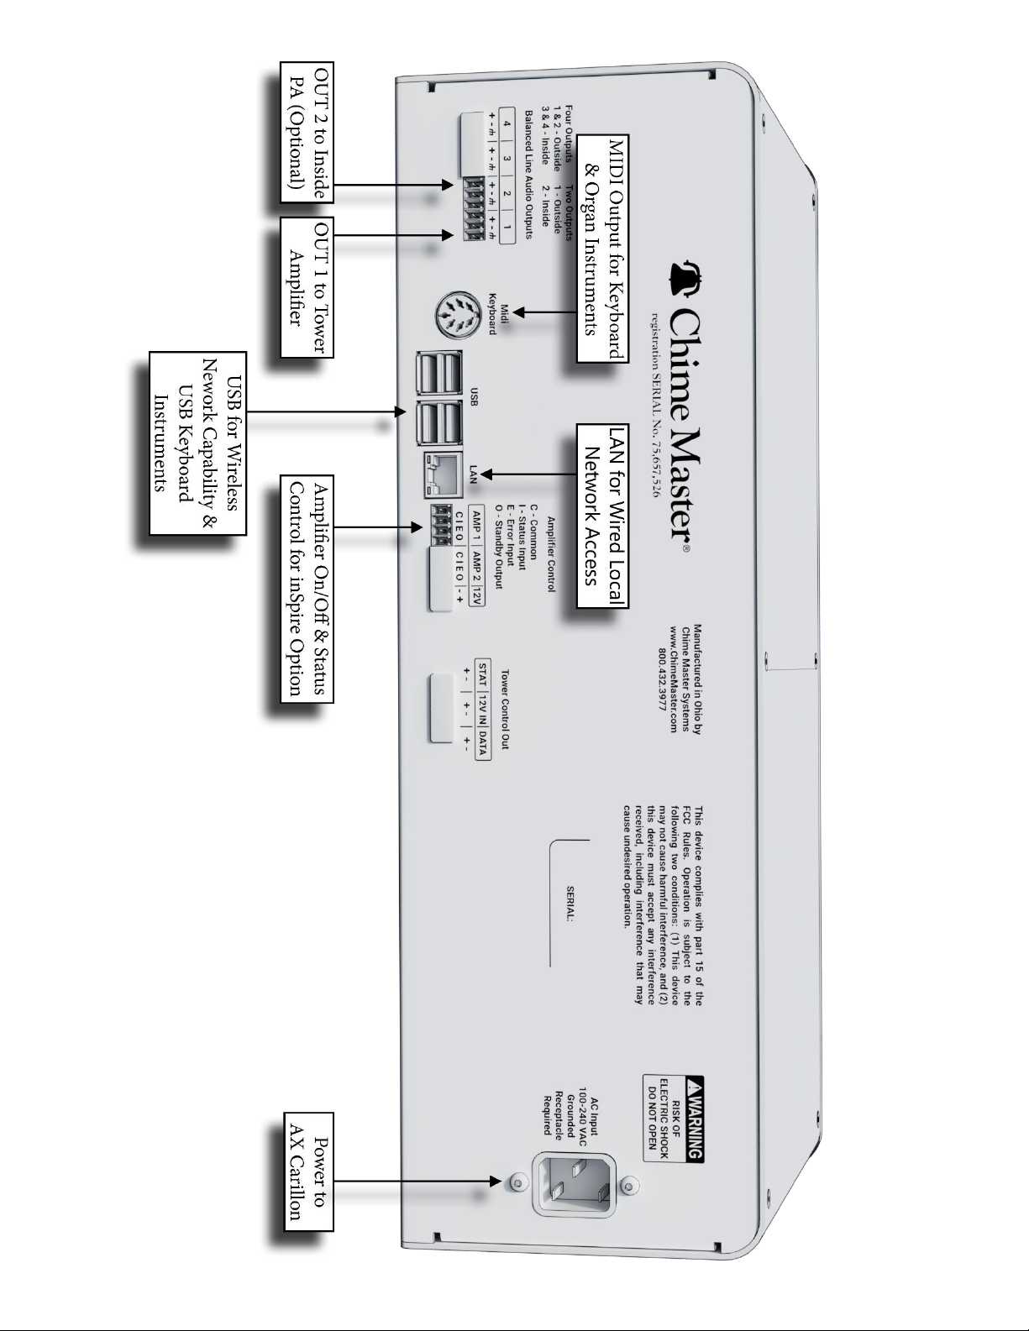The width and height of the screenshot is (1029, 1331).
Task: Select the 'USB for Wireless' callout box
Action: pyautogui.click(x=199, y=443)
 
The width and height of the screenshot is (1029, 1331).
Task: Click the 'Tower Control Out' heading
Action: pyautogui.click(x=505, y=709)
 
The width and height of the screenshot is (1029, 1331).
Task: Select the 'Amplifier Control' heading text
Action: pyautogui.click(x=551, y=555)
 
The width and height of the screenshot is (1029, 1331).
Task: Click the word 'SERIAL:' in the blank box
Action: pyautogui.click(x=570, y=904)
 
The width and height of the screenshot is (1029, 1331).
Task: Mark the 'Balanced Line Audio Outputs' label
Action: pyautogui.click(x=528, y=174)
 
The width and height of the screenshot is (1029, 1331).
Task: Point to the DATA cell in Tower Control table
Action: pyautogui.click(x=483, y=743)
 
